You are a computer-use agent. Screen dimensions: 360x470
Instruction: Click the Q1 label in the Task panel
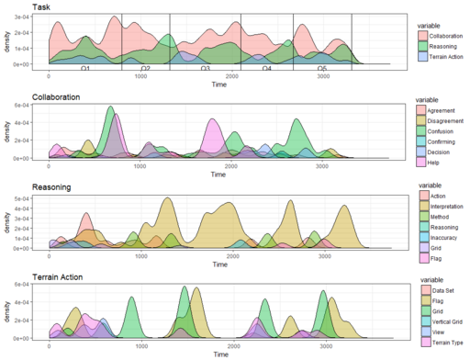(x=84, y=69)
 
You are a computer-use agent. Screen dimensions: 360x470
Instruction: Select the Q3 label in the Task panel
(x=205, y=69)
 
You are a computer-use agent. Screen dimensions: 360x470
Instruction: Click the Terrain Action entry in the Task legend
(x=441, y=56)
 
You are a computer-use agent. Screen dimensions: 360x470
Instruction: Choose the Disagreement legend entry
(x=445, y=121)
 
